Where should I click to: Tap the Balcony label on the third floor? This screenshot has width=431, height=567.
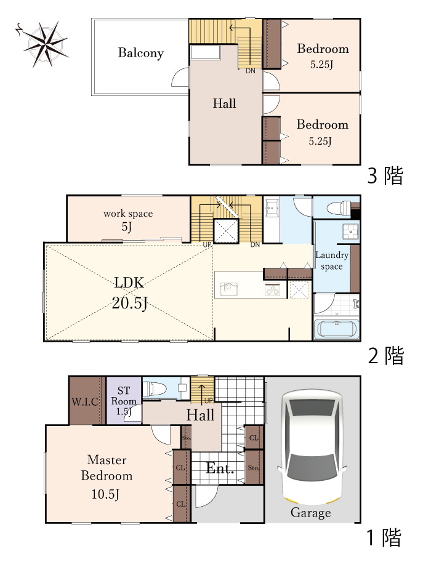point(141,53)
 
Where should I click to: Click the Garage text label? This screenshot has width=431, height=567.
point(311,513)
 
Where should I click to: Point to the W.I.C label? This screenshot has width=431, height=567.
point(85,402)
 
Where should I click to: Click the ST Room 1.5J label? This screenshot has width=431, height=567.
point(124,401)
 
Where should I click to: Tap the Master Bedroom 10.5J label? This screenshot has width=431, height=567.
point(107,476)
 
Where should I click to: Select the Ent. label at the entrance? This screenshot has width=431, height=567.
point(220,469)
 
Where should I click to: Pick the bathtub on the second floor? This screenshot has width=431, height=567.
point(336,329)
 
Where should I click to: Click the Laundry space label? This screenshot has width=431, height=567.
point(332,260)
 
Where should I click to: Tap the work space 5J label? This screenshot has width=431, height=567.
point(127,220)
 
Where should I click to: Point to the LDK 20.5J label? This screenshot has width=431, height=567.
point(129,292)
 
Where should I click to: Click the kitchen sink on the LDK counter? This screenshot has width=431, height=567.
point(228,288)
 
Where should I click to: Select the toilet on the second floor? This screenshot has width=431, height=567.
point(336,207)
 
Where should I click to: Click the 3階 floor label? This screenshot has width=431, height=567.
point(385,176)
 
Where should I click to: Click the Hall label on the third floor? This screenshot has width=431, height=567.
point(224,103)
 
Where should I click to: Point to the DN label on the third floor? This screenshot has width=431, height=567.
point(251,71)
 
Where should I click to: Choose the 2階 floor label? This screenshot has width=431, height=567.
point(385,355)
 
